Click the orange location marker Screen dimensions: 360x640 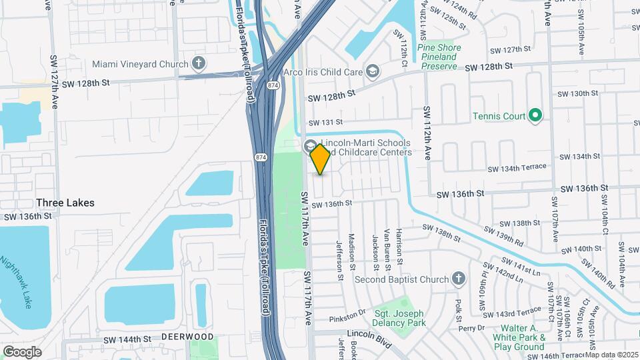click(x=321, y=159)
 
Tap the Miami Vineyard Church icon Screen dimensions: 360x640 click(x=198, y=63)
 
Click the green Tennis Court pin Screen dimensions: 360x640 click(x=535, y=116)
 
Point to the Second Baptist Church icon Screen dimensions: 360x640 click(x=458, y=279)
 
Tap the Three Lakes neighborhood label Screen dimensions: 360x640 click(x=65, y=203)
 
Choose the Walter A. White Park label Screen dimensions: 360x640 click(x=520, y=337)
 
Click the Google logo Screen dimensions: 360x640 click(x=22, y=352)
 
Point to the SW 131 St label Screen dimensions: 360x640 click(x=325, y=122)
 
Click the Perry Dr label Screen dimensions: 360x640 click(x=471, y=328)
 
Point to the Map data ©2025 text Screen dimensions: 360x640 click(x=611, y=355)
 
